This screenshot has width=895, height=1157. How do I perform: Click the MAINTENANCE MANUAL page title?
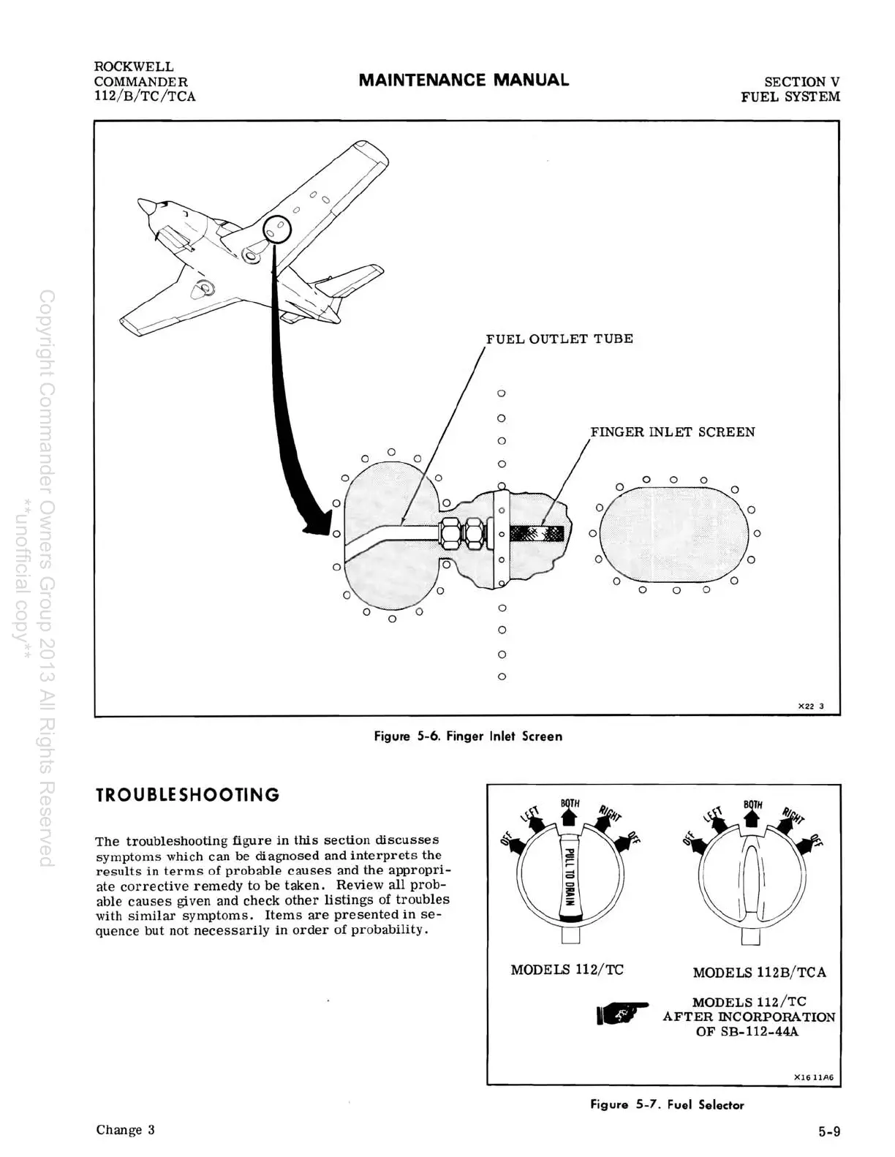point(464,80)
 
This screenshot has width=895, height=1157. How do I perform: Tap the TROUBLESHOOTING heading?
point(188,795)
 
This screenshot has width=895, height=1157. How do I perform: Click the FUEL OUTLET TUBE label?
point(559,339)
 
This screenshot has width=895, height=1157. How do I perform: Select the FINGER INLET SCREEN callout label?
point(673,431)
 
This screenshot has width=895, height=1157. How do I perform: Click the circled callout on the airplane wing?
point(277,231)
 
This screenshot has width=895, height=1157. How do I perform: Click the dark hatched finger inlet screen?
point(537,533)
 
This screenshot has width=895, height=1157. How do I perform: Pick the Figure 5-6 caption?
point(468,736)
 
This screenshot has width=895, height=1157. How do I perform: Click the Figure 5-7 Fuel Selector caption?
point(667,1105)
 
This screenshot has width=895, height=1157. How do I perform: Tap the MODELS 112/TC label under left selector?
point(567,970)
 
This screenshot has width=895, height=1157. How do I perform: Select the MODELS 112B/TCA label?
point(759,973)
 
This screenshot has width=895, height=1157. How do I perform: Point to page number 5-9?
point(829,1132)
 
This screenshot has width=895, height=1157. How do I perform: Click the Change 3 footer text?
point(125,1130)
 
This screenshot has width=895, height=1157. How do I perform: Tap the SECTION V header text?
point(801,82)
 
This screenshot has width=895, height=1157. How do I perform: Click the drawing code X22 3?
point(810,706)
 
